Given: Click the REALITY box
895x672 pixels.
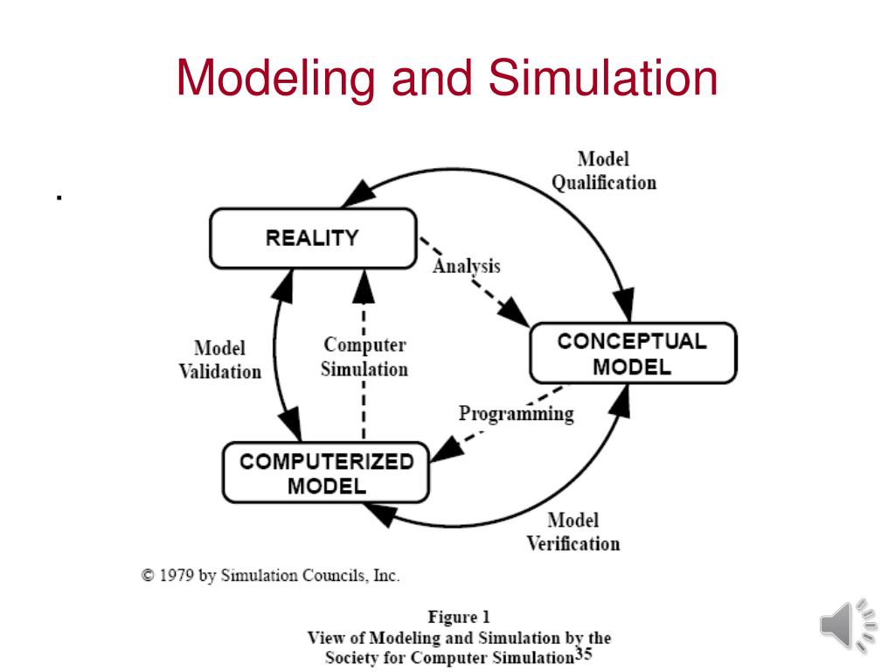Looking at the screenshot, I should tap(312, 238).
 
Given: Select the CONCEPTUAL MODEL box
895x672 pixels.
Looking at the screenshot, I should tap(632, 353).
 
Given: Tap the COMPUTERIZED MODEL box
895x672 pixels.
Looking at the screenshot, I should tap(326, 473).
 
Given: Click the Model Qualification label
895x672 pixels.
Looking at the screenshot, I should tap(603, 171).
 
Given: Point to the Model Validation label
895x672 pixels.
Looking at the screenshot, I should tap(219, 360).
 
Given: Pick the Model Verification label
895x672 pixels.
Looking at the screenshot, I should tap(572, 532).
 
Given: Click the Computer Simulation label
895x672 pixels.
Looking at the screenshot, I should tap(364, 357).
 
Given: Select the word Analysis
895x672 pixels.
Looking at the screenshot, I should tap(466, 265).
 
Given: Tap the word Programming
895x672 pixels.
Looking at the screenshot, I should tap(516, 413).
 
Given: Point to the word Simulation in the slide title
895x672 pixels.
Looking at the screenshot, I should tap(602, 78).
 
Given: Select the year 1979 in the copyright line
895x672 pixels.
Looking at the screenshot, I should tap(178, 576).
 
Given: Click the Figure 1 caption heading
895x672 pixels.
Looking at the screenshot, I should tap(458, 617).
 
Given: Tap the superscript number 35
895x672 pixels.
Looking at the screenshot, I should tap(583, 653).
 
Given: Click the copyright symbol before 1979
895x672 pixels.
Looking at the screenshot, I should tap(149, 576).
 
